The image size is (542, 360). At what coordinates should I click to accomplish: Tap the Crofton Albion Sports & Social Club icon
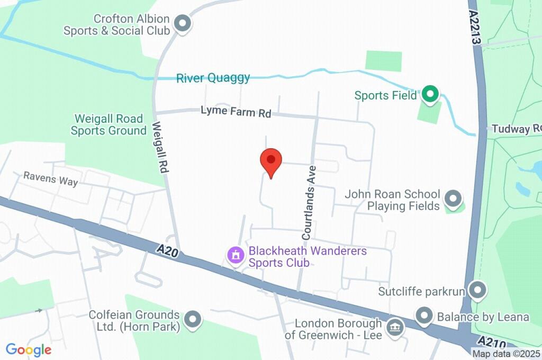pos(183,24)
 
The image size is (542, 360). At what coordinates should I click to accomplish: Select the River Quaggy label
pos(213,78)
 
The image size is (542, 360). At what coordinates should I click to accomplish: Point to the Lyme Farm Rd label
pos(236,112)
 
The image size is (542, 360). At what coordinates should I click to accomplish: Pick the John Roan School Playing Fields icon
pos(453,200)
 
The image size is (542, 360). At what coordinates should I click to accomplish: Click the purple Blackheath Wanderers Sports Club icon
pos(236,256)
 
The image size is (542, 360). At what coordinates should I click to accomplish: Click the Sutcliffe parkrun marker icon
pos(478,291)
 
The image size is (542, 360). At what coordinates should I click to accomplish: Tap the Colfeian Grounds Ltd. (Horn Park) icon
pos(193,320)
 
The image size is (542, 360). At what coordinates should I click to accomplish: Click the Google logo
pos(29,349)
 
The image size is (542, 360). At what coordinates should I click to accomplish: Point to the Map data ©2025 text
pos(507,354)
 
